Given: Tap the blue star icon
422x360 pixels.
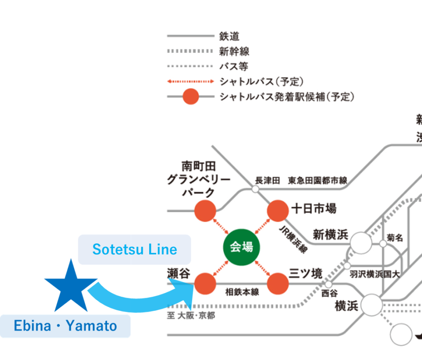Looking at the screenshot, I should click(x=71, y=287).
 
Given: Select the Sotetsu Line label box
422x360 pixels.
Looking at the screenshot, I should click(x=134, y=249).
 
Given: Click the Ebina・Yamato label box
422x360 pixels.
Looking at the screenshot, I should click(x=65, y=326).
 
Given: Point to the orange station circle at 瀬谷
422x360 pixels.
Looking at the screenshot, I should click(x=205, y=284).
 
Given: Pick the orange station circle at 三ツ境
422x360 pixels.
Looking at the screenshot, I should click(x=278, y=284).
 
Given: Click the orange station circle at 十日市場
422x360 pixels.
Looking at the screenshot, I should click(x=278, y=211).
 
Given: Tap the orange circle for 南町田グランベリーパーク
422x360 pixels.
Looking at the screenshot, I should click(x=205, y=211).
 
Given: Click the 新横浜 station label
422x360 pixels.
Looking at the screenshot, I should click(x=331, y=235).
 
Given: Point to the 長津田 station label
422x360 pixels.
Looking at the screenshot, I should click(x=267, y=180).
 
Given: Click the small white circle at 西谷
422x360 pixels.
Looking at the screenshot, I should click(x=328, y=285).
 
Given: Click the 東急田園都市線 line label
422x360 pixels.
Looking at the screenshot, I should click(x=317, y=180).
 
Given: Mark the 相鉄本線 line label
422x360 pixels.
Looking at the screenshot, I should click(x=242, y=292).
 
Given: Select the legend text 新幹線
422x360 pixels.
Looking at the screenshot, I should click(x=234, y=52).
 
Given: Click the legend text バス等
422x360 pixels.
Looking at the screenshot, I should click(x=234, y=66).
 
